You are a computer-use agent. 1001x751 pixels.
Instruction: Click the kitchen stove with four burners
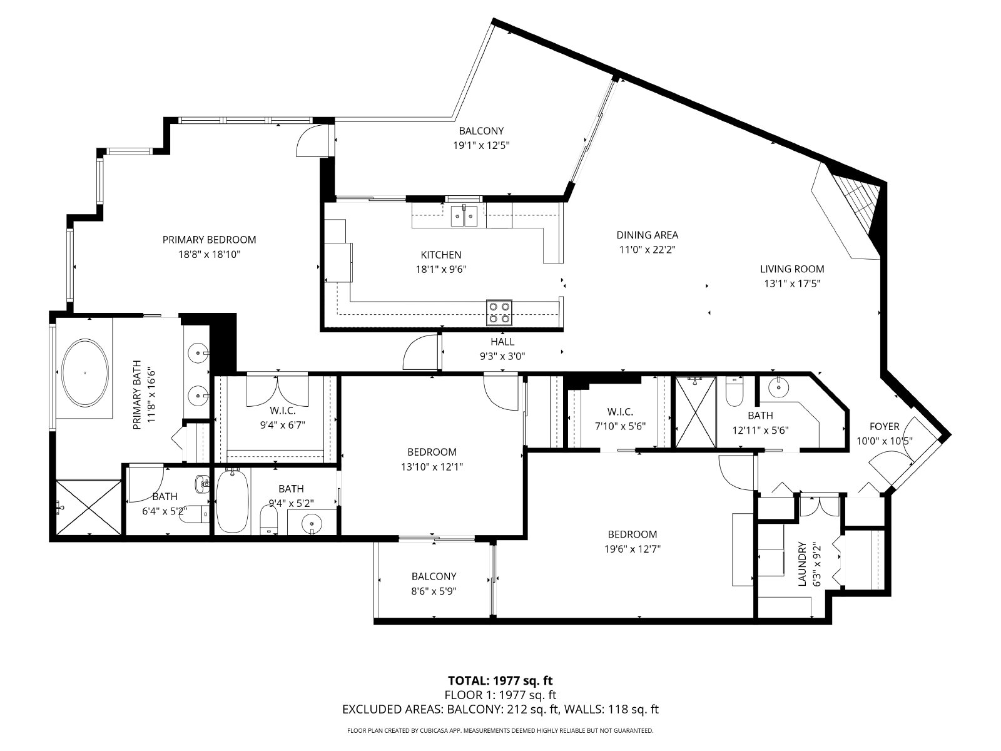tap(499, 312)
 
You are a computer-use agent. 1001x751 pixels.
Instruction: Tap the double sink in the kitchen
tap(464, 216)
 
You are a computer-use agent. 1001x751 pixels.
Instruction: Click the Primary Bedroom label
tap(209, 240)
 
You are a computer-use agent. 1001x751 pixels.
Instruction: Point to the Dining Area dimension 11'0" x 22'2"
tap(647, 249)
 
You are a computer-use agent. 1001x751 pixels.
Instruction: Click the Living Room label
tap(791, 269)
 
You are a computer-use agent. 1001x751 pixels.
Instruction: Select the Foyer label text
tap(884, 427)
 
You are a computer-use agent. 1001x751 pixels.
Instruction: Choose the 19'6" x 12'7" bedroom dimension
tap(632, 549)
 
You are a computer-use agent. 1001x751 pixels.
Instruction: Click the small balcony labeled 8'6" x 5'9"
tap(434, 583)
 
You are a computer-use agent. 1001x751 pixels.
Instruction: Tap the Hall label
tap(502, 342)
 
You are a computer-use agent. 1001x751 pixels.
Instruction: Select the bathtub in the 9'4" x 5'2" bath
tap(231, 503)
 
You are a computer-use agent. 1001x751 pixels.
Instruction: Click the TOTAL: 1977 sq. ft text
tap(500, 680)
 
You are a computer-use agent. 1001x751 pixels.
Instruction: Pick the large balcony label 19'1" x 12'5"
tap(480, 138)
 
